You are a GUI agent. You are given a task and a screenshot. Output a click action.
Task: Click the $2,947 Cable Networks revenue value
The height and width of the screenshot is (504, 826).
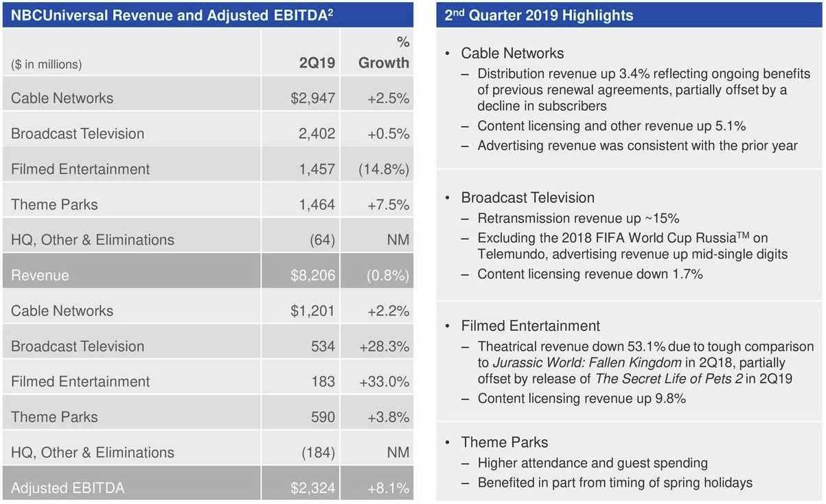pyautogui.click(x=312, y=98)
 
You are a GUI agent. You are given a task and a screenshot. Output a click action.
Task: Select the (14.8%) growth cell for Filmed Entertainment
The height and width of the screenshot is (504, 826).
pyautogui.click(x=383, y=169)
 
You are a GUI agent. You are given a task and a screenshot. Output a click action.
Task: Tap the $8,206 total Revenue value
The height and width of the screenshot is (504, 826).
pyautogui.click(x=312, y=276)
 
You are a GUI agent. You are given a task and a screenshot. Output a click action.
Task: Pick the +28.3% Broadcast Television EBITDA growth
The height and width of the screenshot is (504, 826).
pyautogui.click(x=384, y=347)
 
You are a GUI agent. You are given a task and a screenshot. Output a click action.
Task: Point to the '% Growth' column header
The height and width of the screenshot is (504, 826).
pyautogui.click(x=384, y=54)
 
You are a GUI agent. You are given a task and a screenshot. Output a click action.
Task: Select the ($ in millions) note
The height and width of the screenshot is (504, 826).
pyautogui.click(x=47, y=65)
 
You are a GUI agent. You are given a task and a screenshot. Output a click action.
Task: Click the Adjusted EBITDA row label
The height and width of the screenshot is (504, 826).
pyautogui.click(x=67, y=488)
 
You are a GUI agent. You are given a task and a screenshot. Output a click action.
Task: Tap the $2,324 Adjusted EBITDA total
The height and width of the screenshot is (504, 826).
pyautogui.click(x=312, y=488)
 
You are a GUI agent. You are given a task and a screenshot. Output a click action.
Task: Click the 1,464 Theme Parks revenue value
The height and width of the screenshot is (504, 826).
pyautogui.click(x=317, y=204)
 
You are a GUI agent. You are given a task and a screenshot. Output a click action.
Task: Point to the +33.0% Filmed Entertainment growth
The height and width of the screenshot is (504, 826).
pyautogui.click(x=384, y=382)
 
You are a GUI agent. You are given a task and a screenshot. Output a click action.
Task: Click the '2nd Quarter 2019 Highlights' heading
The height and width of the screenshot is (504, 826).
pyautogui.click(x=538, y=15)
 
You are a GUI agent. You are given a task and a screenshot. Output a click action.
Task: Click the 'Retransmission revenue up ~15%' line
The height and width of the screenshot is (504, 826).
pyautogui.click(x=578, y=219)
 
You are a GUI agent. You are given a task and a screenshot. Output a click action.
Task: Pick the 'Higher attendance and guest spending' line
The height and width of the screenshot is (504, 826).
pyautogui.click(x=592, y=463)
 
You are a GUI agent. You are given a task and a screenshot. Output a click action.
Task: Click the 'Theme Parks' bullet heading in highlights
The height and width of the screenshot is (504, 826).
pyautogui.click(x=505, y=442)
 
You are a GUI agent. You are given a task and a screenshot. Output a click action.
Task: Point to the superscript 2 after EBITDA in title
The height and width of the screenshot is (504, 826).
pyautogui.click(x=330, y=12)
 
